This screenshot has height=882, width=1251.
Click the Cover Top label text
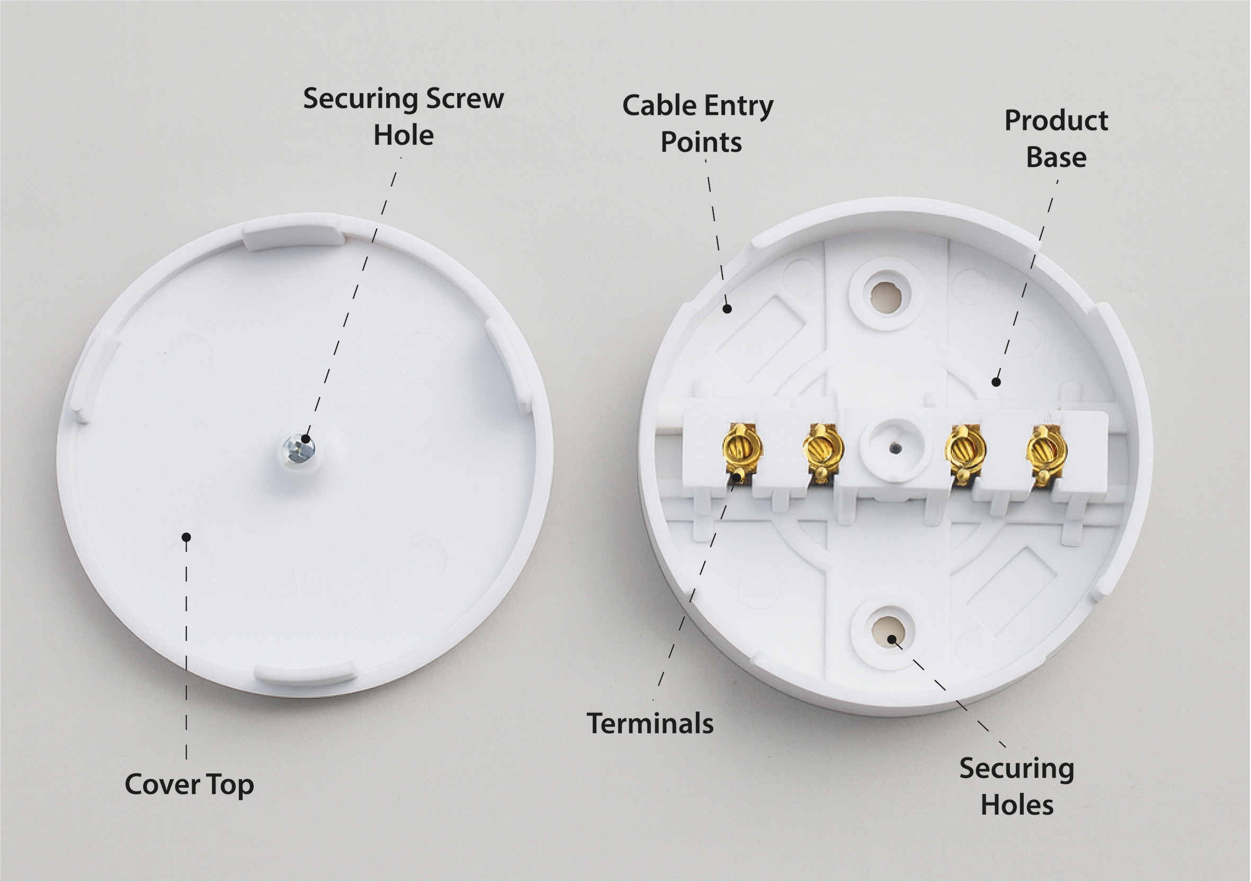point(189,785)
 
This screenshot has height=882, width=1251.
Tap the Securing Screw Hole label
point(404,117)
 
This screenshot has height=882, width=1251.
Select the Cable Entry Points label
point(698,124)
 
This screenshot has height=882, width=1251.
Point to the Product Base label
point(1056,139)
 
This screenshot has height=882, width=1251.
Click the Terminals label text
point(650,724)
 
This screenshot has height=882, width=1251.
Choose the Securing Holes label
point(1017,786)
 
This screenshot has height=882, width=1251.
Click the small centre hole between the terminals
point(893,447)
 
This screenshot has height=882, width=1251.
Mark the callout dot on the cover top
point(186,537)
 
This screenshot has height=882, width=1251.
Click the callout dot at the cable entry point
point(726,309)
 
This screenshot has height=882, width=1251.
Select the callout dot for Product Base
point(996,382)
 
